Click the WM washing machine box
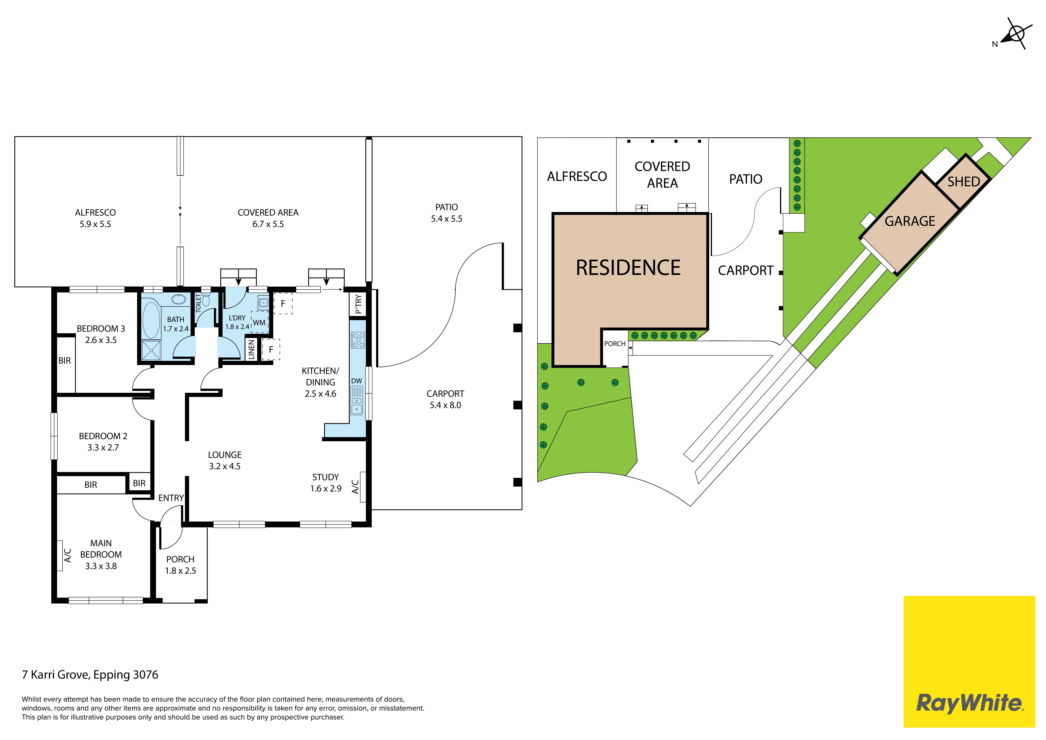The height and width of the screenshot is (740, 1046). point(259,322)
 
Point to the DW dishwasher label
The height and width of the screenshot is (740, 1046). point(357,381)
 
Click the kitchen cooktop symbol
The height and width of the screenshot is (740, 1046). point(358,340)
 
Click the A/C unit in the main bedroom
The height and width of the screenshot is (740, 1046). point(60,556)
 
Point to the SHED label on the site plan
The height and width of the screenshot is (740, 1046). point(964,182)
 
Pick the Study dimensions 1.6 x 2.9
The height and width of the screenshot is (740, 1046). point(326,488)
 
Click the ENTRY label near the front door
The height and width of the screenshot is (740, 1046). point(171,498)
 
